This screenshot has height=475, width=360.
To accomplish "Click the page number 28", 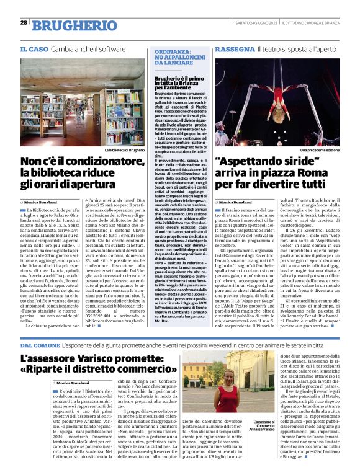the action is [x=23, y=22].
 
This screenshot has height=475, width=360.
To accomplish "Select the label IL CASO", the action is [x=35, y=48].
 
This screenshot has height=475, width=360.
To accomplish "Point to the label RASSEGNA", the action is [x=233, y=48].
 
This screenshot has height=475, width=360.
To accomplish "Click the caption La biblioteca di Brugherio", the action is [x=125, y=149].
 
